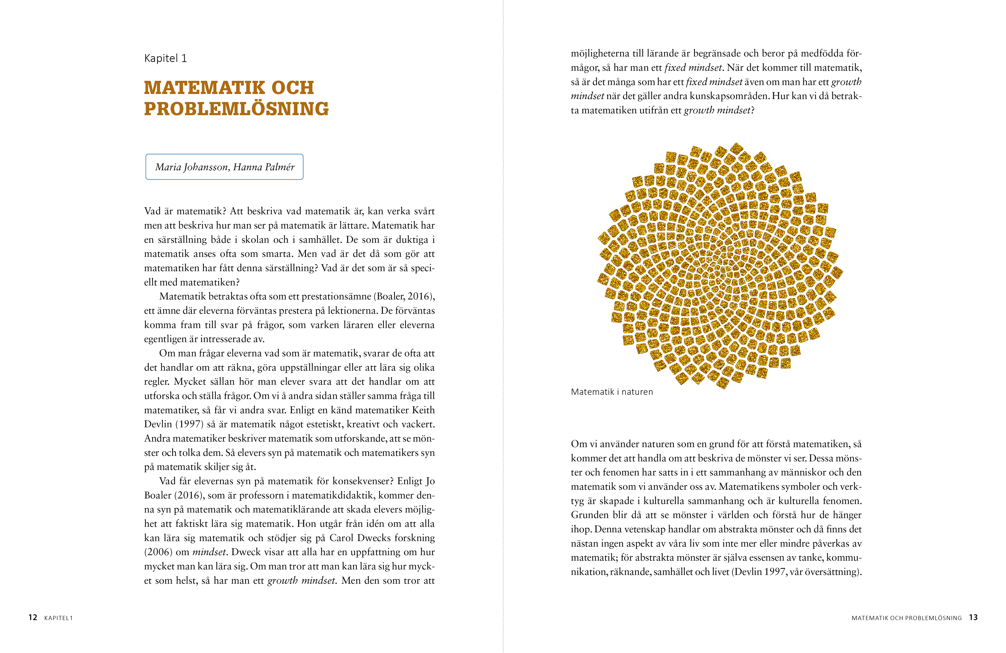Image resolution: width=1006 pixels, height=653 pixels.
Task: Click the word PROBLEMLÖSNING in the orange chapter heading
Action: coord(236,109)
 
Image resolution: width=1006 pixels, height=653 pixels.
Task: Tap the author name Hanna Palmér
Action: coord(264,167)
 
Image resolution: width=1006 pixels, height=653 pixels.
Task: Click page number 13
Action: coord(973,617)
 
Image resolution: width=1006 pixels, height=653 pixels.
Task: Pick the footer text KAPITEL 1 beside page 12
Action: coord(58,618)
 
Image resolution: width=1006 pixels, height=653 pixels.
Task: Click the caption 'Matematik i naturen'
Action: coord(612,392)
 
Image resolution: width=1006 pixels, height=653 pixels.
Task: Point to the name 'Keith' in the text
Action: coord(423,410)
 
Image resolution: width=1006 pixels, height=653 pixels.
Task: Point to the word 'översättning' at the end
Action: coord(832,572)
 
